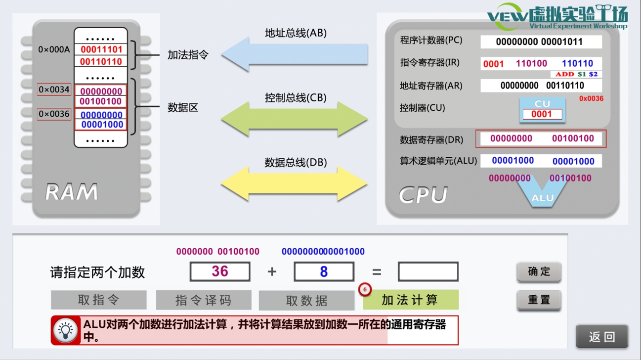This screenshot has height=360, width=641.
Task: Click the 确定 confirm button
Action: (x=539, y=271)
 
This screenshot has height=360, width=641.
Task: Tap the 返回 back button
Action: (x=601, y=337)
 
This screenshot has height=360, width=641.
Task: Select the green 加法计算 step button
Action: (x=410, y=300)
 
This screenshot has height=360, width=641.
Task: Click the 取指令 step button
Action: (x=99, y=300)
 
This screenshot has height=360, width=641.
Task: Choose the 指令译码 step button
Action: (x=203, y=300)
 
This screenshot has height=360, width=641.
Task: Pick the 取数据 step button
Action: (x=306, y=300)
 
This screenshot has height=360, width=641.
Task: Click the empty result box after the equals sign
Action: (x=428, y=271)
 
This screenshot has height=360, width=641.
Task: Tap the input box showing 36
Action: (x=220, y=271)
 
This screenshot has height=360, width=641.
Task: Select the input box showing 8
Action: (x=324, y=271)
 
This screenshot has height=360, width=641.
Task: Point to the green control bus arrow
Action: (x=295, y=119)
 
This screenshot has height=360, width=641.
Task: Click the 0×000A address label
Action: (x=54, y=49)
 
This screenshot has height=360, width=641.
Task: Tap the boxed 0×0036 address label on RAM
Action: (x=54, y=114)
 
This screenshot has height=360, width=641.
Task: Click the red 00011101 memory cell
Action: (x=101, y=49)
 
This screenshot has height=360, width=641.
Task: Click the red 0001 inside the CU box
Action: (x=542, y=114)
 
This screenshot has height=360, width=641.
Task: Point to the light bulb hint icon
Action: (x=66, y=330)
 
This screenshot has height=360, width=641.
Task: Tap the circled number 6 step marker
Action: (x=365, y=289)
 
